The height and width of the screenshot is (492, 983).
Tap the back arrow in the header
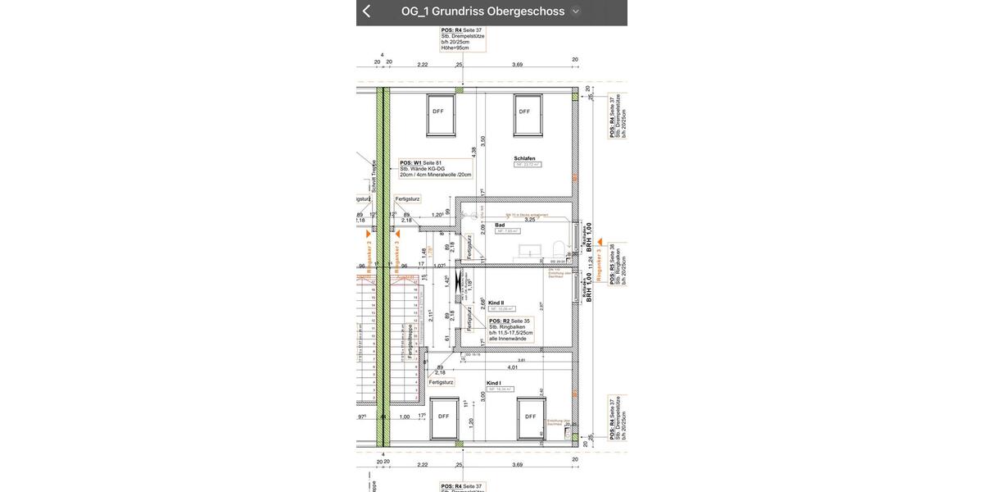coord(366,11)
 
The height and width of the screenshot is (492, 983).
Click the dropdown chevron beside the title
coord(575,11)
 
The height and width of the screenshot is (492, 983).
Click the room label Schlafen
coord(524,158)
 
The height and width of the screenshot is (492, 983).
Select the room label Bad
coord(500,224)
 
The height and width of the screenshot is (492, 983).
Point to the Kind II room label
coord(497,303)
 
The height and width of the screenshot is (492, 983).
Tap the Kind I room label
coord(493,383)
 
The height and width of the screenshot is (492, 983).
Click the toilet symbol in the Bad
coord(558,248)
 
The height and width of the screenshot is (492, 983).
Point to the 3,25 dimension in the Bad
coord(530,220)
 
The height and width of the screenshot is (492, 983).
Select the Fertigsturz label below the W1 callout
coord(407,199)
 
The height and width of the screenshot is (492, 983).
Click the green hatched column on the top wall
coord(460,89)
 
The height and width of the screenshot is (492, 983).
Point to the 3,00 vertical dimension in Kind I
coord(483,395)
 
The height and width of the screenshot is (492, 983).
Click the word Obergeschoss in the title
coord(526,11)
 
